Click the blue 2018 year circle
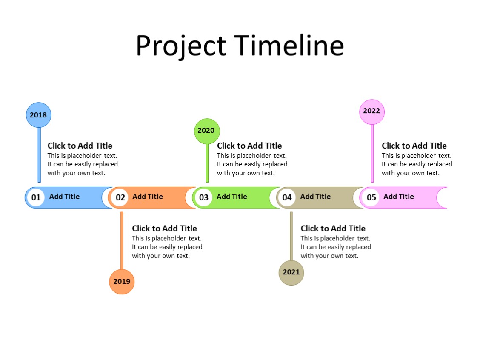click(x=38, y=115)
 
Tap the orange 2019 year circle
click(x=122, y=282)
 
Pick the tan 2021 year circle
click(x=291, y=272)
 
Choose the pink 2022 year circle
click(x=372, y=111)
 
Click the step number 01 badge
click(x=36, y=197)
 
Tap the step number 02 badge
click(x=120, y=197)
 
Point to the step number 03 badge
click(x=204, y=197)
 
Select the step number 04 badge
click(x=287, y=197)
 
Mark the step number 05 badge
click(x=371, y=197)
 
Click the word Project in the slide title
click(x=181, y=46)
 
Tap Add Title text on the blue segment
click(x=64, y=197)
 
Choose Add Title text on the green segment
click(x=231, y=197)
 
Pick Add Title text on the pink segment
click(x=398, y=197)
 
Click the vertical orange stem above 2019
click(x=122, y=240)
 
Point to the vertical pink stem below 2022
click(x=372, y=153)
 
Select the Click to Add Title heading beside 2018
click(x=80, y=146)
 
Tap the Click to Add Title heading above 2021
click(x=333, y=229)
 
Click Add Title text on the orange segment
click(x=147, y=197)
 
